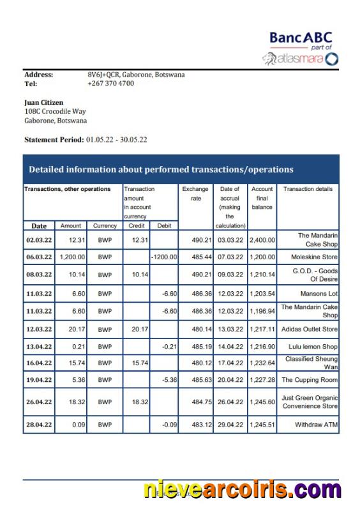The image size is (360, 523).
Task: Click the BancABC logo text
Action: pos(301,38)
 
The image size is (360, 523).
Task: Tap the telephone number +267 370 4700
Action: pos(110,83)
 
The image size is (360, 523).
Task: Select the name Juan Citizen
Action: pos(44,102)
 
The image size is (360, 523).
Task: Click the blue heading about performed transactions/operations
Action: pos(161,169)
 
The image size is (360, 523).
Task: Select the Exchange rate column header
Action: pos(195,193)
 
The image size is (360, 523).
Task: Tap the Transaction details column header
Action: pos(308,189)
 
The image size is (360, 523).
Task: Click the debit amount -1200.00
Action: pos(164,257)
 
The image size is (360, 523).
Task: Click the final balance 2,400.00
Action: pos(262,239)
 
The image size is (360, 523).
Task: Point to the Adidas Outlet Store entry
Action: pos(310,329)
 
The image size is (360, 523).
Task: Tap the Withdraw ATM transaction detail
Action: pos(317,425)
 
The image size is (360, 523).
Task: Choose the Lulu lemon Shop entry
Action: pos(312,347)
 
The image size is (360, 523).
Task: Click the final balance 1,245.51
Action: pos(262,425)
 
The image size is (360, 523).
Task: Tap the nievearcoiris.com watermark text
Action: pos(242,490)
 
